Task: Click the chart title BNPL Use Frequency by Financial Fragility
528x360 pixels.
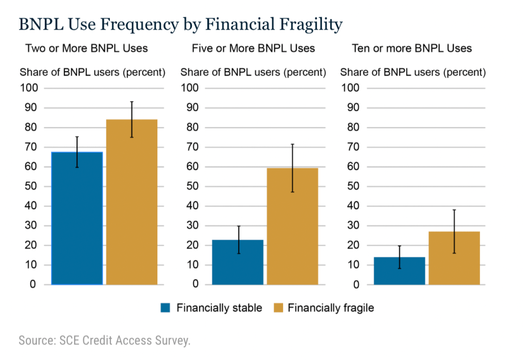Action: [180, 24]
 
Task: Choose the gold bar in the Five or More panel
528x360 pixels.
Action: [292, 226]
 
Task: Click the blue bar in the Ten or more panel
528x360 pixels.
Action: [399, 271]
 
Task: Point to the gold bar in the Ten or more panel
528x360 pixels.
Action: [454, 258]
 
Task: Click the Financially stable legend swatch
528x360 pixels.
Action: [166, 308]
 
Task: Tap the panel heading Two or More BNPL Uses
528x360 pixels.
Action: [87, 48]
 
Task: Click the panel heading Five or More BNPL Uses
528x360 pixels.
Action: [253, 48]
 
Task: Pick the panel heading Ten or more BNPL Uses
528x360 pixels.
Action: [411, 48]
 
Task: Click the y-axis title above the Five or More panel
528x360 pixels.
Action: [253, 72]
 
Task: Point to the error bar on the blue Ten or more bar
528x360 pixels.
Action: [399, 257]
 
